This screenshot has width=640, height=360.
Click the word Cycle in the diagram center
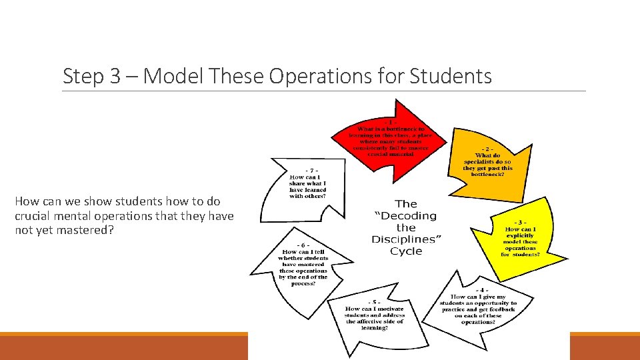(x=406, y=251)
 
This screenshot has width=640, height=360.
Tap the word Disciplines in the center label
(x=406, y=239)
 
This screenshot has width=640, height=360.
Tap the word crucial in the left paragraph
(x=33, y=215)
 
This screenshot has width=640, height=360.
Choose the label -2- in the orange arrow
(x=487, y=149)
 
